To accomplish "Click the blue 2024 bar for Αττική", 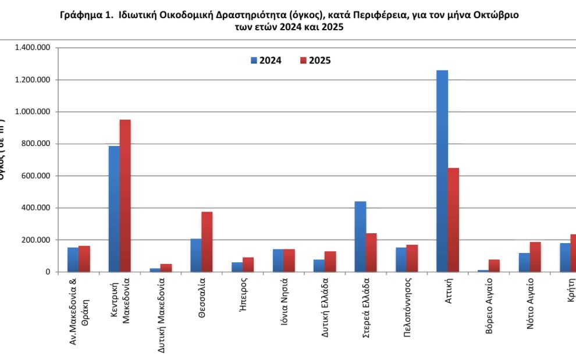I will click(442, 171).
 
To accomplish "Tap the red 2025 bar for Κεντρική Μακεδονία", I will click(125, 195).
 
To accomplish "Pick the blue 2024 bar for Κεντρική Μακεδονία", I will click(114, 209).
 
